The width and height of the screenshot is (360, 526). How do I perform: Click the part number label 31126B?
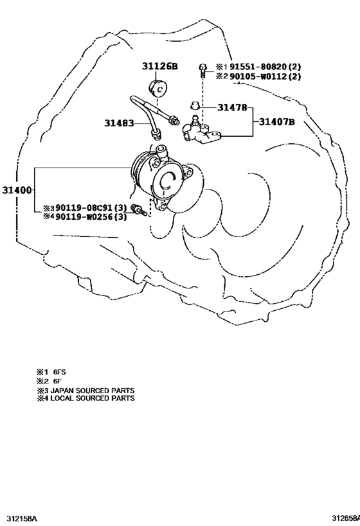tap(159, 66)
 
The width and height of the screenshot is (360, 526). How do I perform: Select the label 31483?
tap(119, 123)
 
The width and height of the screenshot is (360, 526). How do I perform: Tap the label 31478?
tap(232, 107)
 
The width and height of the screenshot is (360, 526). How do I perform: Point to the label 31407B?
tap(276, 121)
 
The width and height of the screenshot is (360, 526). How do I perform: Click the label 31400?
tap(17, 190)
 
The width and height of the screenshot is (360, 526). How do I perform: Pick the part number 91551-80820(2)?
tap(265, 66)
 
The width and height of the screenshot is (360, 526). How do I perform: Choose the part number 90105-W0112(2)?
tap(265, 76)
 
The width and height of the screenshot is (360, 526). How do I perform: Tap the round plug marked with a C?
tap(158, 88)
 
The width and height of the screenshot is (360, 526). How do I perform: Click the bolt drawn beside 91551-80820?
tap(203, 71)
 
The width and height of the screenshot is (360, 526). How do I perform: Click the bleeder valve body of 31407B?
tap(201, 132)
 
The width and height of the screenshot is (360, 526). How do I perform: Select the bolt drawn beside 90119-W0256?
tap(139, 209)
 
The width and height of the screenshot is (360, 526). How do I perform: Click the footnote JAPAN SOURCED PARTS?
tap(93, 390)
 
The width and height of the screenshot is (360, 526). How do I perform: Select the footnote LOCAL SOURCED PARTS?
tap(93, 398)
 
